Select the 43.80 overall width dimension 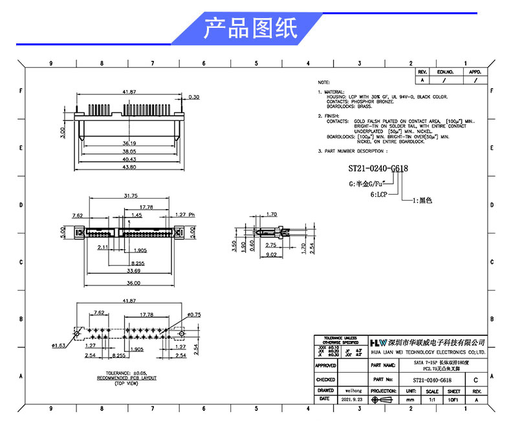[x=129, y=168]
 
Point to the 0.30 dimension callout [x=194, y=97]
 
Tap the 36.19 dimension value [x=129, y=142]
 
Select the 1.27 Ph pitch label [x=185, y=214]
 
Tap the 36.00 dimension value [x=133, y=283]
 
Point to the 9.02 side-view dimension [x=272, y=254]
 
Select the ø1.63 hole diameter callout [x=60, y=347]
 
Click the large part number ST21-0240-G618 [x=378, y=169]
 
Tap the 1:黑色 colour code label [x=421, y=201]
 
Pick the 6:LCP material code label [x=379, y=194]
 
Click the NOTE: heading [x=324, y=83]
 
